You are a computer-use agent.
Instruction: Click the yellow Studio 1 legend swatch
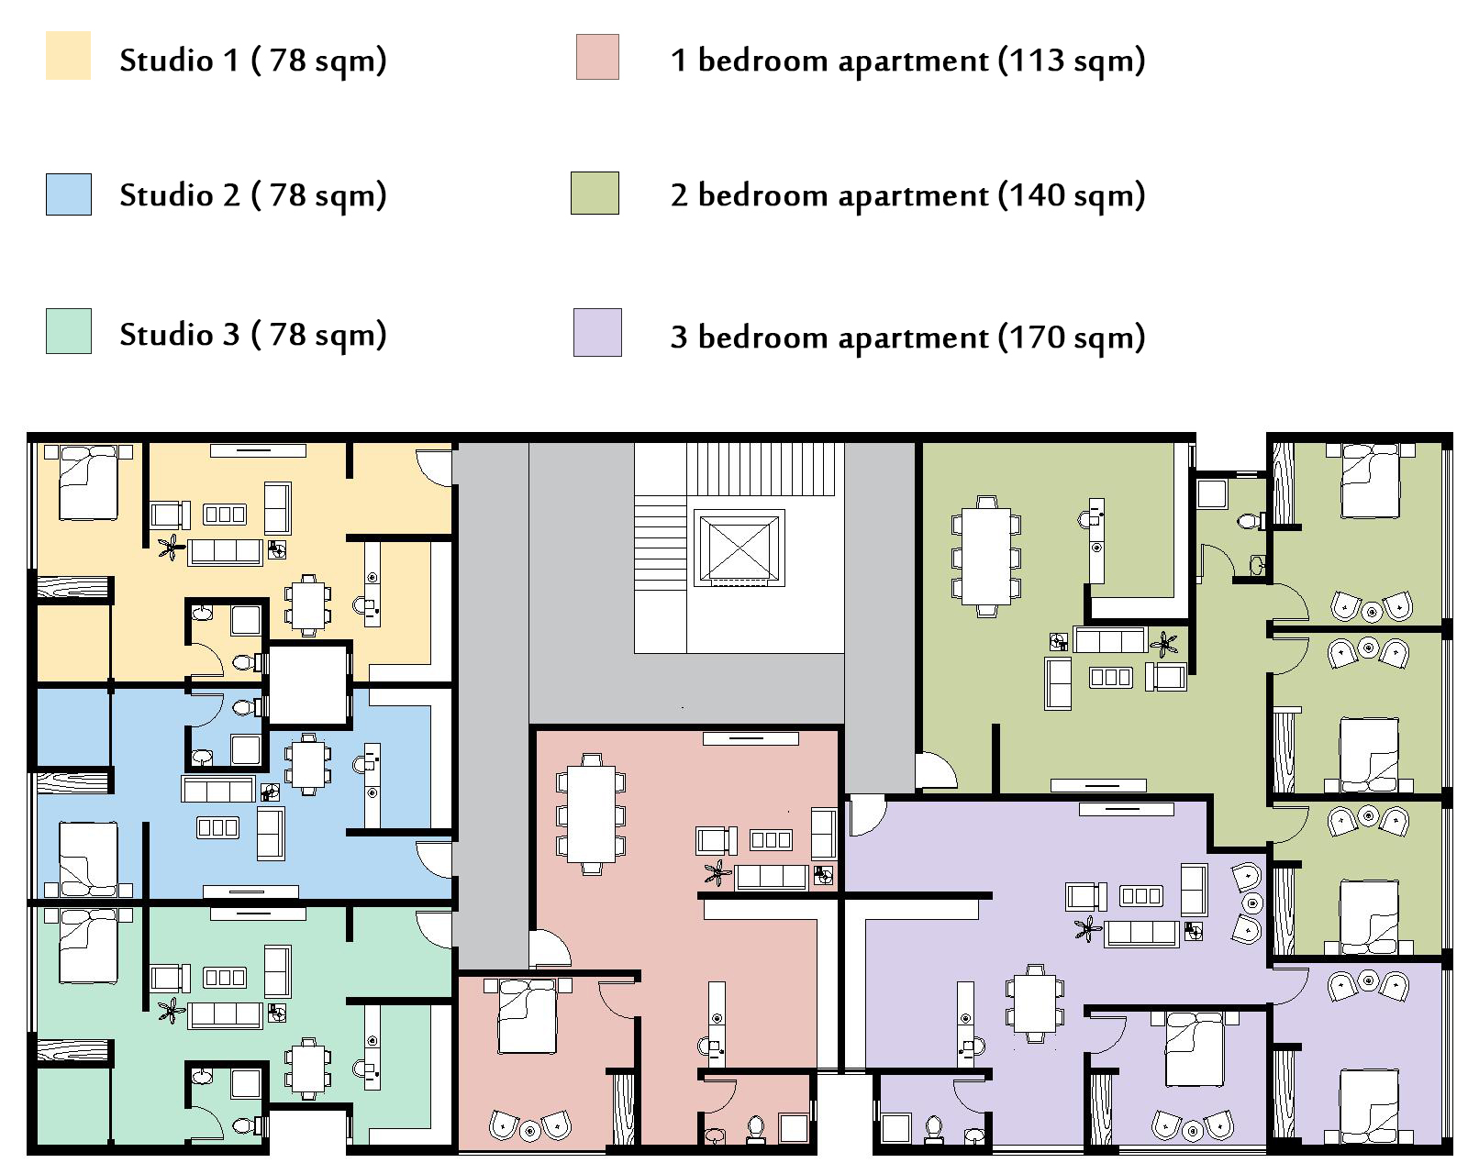pyautogui.click(x=68, y=55)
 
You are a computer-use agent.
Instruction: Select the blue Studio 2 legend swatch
pyautogui.click(x=68, y=194)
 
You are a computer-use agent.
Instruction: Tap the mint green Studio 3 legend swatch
pyautogui.click(x=68, y=331)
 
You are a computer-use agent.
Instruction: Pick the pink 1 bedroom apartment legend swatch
pyautogui.click(x=597, y=57)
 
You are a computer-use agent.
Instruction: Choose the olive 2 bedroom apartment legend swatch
pyautogui.click(x=595, y=193)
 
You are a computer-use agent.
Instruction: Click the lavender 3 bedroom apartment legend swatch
pyautogui.click(x=597, y=332)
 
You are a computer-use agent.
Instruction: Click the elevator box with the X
pyautogui.click(x=740, y=548)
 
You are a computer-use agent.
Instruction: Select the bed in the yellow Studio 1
pyautogui.click(x=88, y=482)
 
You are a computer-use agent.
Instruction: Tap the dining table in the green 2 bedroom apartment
pyautogui.click(x=985, y=557)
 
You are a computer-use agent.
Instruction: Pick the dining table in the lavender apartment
pyautogui.click(x=1035, y=1003)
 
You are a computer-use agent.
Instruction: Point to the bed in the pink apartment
pyautogui.click(x=527, y=1016)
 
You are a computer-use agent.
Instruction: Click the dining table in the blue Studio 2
pyautogui.click(x=308, y=765)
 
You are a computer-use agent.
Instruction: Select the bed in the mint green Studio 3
pyautogui.click(x=88, y=946)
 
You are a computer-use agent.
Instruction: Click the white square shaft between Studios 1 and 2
pyautogui.click(x=308, y=682)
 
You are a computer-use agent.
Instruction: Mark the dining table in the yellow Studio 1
pyautogui.click(x=308, y=605)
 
